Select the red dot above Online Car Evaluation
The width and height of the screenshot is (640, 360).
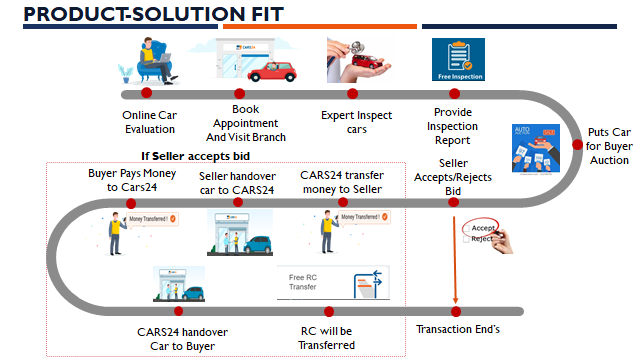tap(146, 93)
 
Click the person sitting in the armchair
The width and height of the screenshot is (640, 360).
tap(147, 58)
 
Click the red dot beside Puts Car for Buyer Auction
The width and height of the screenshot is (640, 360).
tap(578, 144)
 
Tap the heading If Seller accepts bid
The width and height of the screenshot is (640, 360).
tap(194, 155)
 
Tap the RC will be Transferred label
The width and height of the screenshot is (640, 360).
tap(328, 338)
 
